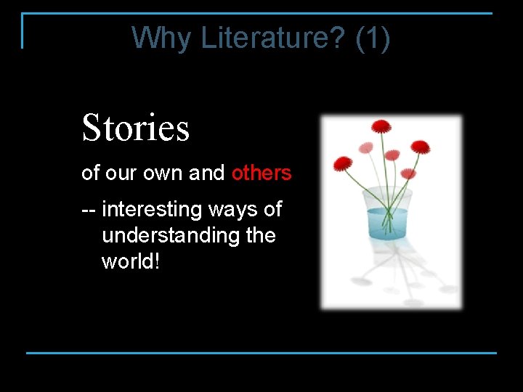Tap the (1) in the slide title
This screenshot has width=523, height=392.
[373, 38]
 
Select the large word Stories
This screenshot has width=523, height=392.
[136, 128]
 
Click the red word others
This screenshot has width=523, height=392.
[261, 173]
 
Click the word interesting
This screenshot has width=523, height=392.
[152, 210]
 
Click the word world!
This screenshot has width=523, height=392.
[130, 261]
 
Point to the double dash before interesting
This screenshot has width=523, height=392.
[89, 211]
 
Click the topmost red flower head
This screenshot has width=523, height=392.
[381, 126]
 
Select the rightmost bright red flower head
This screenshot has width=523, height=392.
[421, 147]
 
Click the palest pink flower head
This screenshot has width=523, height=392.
[365, 148]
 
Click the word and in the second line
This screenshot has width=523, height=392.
[207, 173]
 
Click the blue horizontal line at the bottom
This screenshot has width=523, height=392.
[261, 353]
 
